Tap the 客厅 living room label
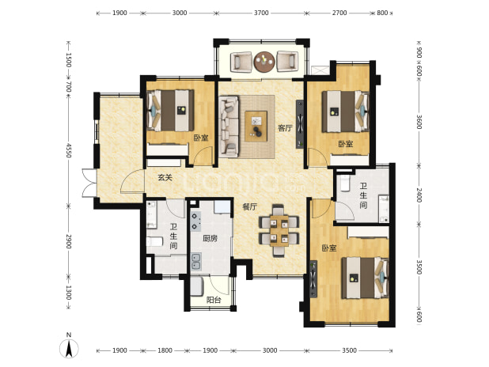(286, 128)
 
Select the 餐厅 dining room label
(250, 206)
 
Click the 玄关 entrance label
(165, 177)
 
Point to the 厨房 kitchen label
(210, 239)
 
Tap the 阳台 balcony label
(214, 300)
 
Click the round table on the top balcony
(264, 62)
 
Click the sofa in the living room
(229, 127)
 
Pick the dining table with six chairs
(279, 230)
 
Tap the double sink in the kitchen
(196, 261)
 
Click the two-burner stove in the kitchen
(196, 221)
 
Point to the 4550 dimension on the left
(68, 150)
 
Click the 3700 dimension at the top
(261, 13)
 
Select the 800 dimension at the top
(382, 13)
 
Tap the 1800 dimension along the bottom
(165, 350)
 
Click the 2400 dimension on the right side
(419, 195)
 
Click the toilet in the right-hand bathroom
(345, 183)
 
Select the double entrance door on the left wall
(89, 183)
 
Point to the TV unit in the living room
(300, 124)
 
